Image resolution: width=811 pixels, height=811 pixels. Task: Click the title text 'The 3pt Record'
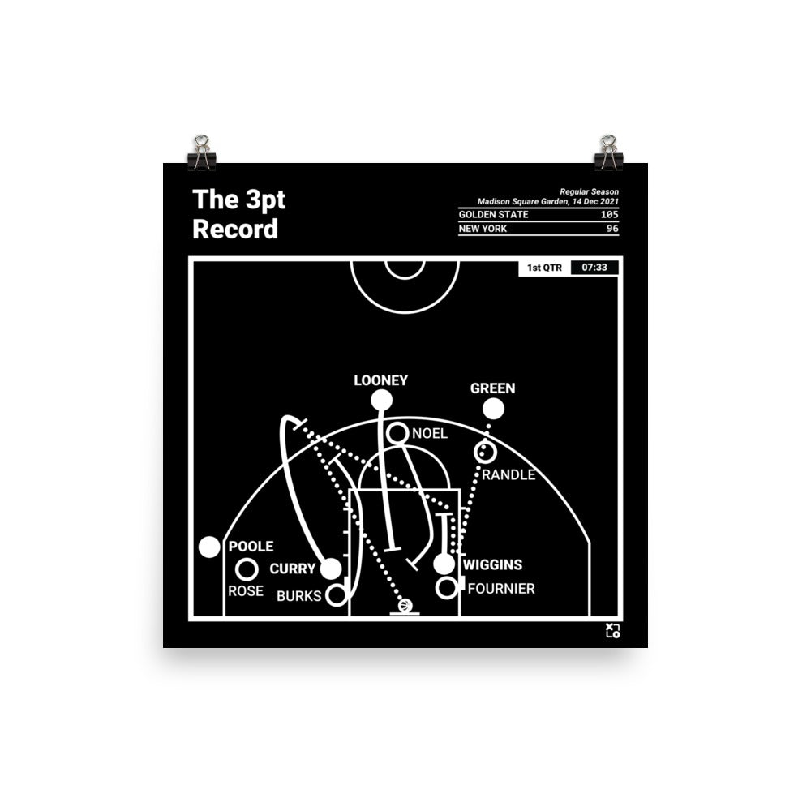(238, 215)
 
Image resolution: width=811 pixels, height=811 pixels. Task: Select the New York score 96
(612, 229)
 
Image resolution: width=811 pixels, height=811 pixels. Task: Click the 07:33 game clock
(595, 267)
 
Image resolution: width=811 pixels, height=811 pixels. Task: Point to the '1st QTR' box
(544, 267)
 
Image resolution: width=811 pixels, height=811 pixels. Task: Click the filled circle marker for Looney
(381, 400)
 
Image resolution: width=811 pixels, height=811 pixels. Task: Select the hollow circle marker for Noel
(397, 434)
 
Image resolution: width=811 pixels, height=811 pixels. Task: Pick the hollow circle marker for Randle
(488, 453)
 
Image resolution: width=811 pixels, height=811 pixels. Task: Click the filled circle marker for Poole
(209, 547)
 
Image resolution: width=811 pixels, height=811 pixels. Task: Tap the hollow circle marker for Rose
(247, 569)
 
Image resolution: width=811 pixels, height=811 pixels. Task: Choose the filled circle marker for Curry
(331, 569)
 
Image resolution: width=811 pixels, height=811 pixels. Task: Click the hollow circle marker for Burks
(336, 595)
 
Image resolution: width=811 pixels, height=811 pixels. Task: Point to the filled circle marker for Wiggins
(444, 564)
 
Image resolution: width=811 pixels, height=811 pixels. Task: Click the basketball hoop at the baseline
(405, 606)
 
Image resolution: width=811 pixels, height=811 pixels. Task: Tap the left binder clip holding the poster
(200, 153)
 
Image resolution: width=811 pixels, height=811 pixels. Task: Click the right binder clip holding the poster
(608, 153)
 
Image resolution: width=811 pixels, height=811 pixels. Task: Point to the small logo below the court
(612, 631)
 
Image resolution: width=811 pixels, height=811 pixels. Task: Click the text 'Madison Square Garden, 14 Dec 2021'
(548, 201)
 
